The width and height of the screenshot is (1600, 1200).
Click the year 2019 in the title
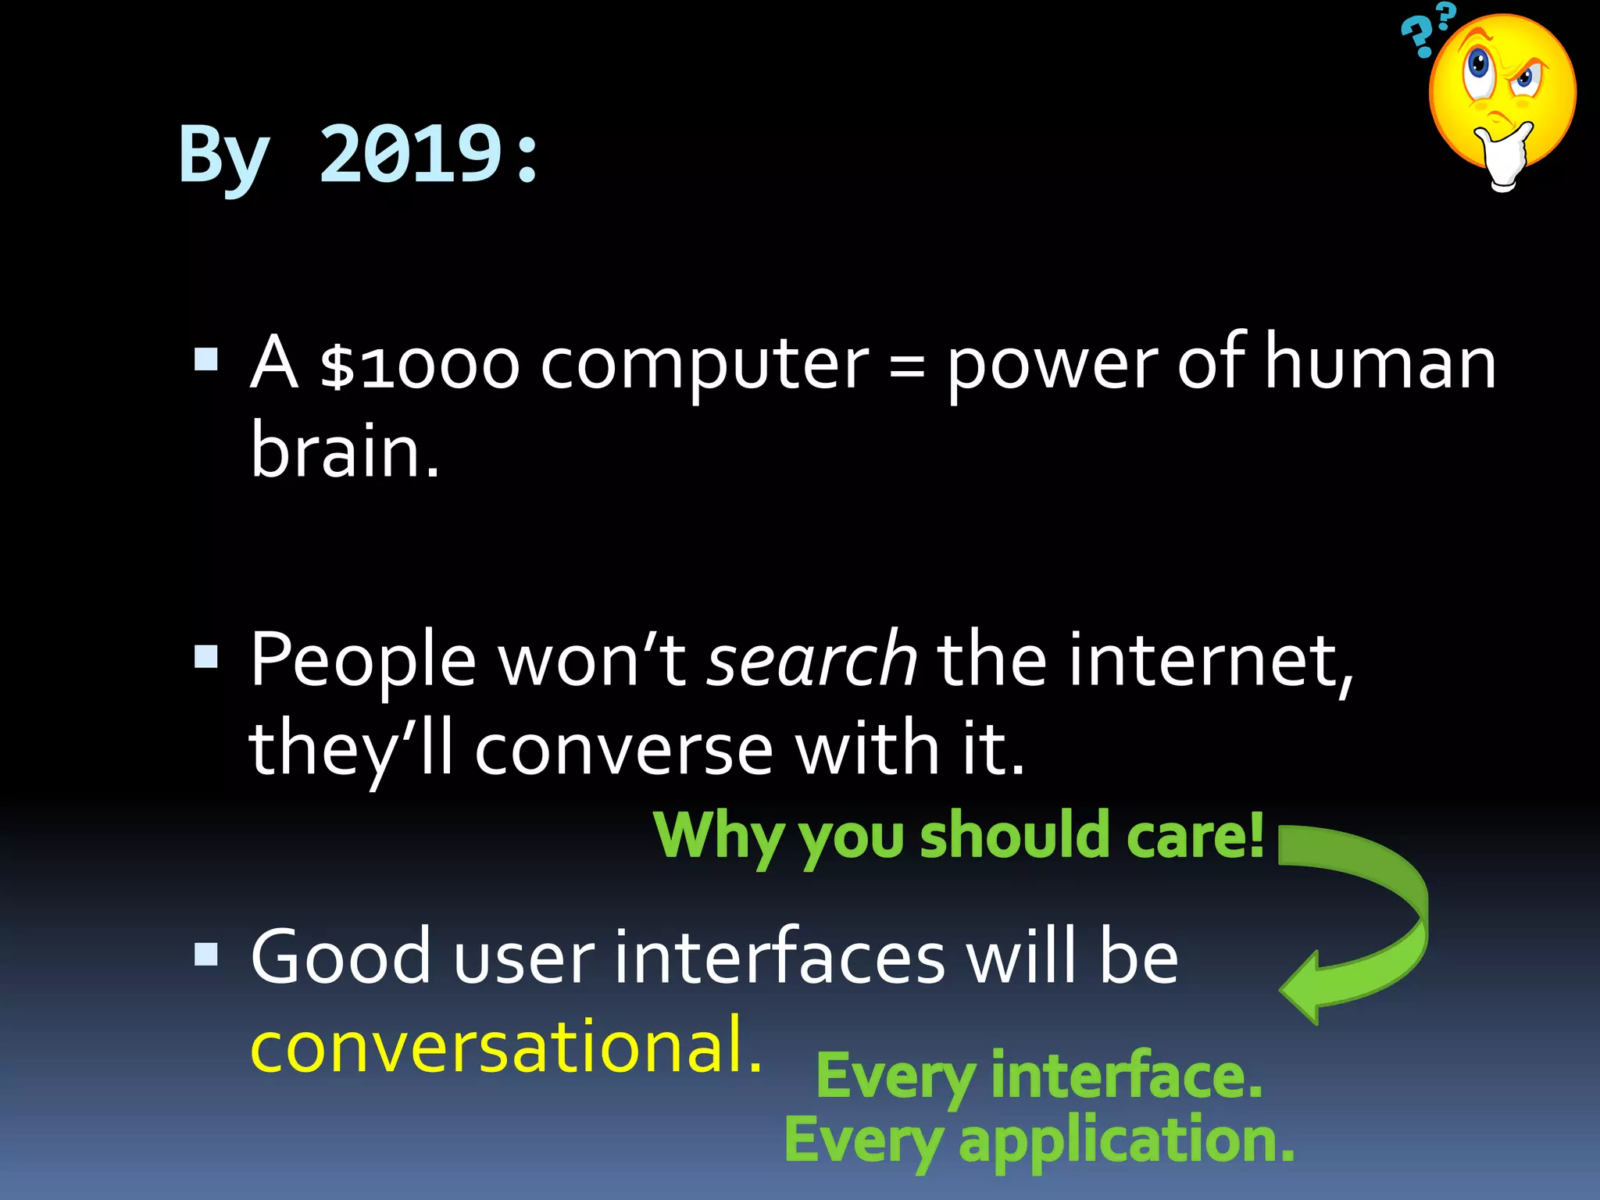pyautogui.click(x=409, y=155)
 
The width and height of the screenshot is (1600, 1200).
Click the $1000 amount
pyautogui.click(x=420, y=366)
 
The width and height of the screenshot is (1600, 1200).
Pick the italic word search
pyautogui.click(x=812, y=661)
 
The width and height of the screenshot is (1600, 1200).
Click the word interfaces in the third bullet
pyautogui.click(x=779, y=958)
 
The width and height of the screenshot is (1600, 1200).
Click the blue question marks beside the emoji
pyautogui.click(x=1423, y=33)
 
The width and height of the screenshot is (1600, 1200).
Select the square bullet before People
pyautogui.click(x=206, y=656)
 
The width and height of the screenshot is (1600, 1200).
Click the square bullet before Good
pyautogui.click(x=206, y=954)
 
